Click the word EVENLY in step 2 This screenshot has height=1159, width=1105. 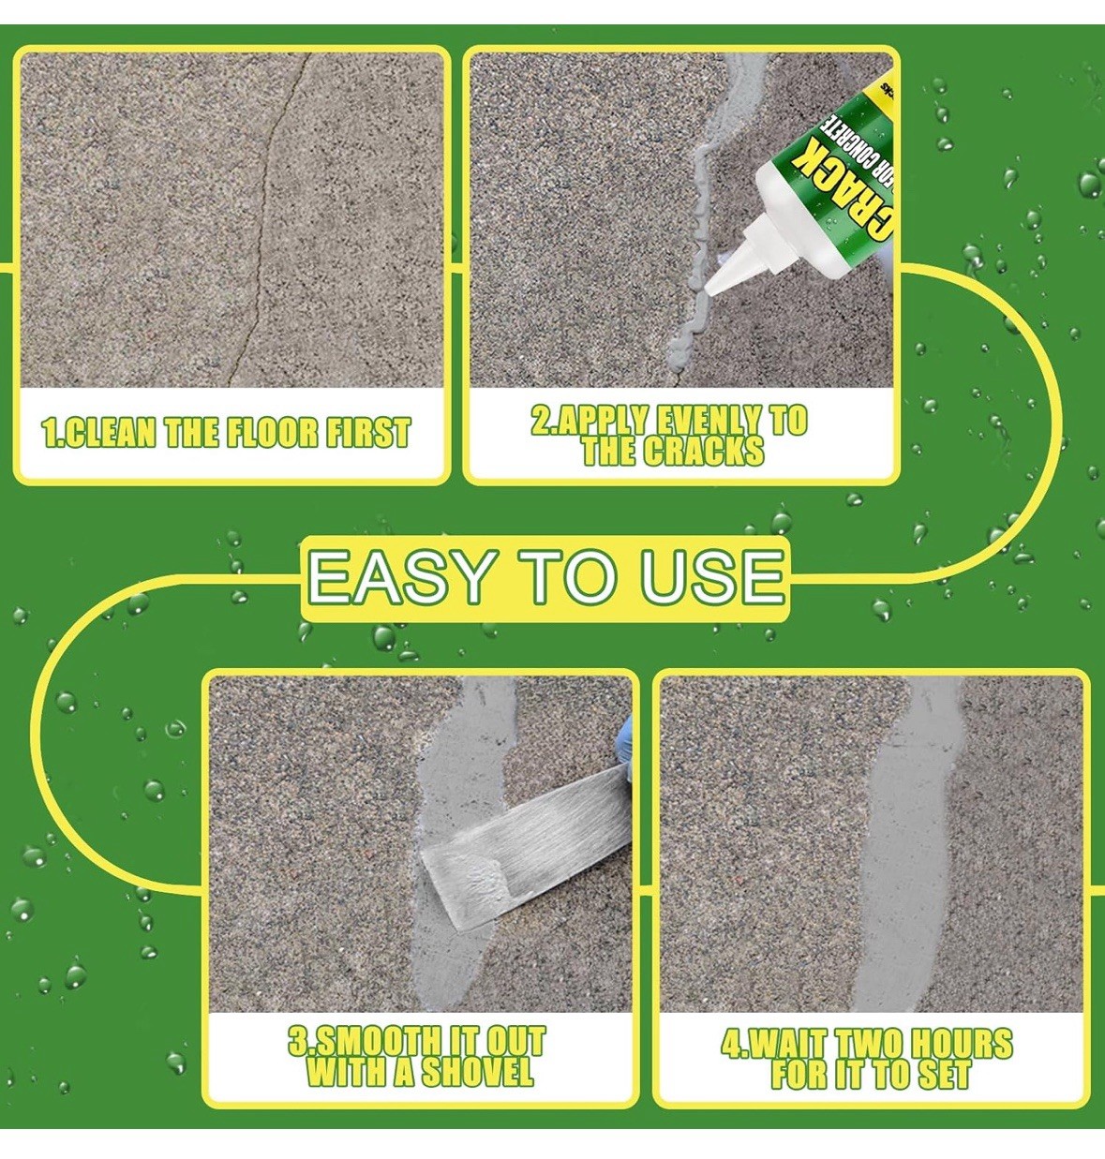click(x=700, y=420)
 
